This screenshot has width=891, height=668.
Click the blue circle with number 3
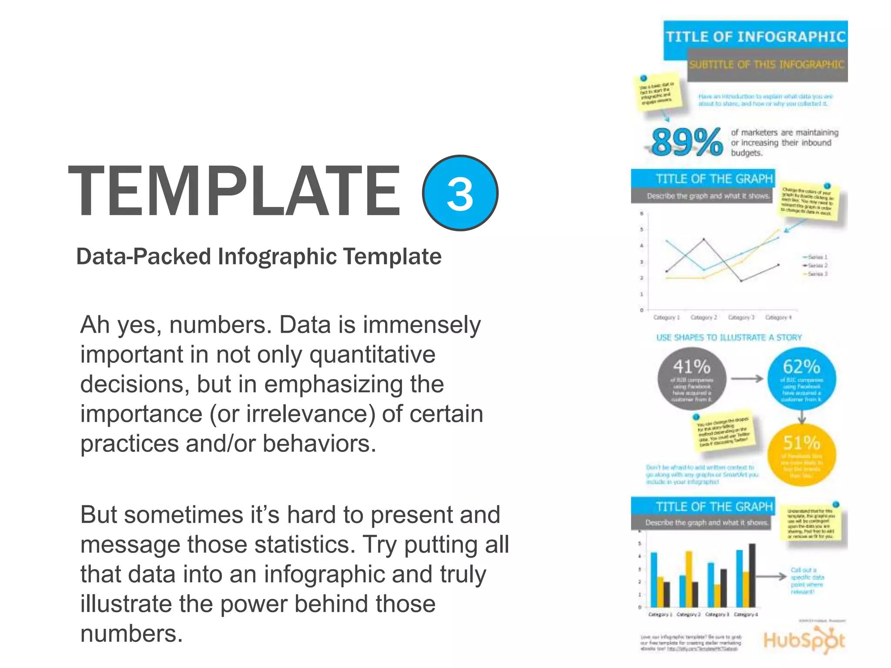(460, 193)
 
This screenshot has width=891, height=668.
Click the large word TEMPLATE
(234, 191)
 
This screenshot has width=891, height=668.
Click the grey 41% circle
(691, 379)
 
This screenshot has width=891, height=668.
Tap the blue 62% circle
(801, 379)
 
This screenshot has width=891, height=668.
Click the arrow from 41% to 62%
(747, 379)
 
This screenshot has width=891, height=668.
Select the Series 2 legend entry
(815, 265)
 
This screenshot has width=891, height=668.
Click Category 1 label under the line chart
(666, 317)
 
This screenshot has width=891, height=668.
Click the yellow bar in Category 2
(689, 578)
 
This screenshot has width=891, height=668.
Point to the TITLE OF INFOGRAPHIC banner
(755, 37)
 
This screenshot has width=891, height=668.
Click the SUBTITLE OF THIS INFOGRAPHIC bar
(767, 65)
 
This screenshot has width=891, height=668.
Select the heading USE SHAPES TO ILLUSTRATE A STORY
(729, 337)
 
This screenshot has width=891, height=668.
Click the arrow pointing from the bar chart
(772, 577)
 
